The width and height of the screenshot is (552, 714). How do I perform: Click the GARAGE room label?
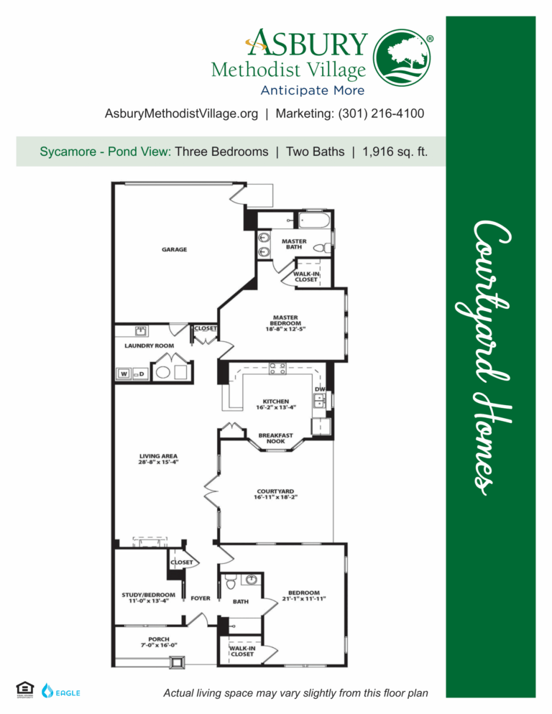(x=174, y=250)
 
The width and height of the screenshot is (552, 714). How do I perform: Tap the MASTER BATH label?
(x=294, y=244)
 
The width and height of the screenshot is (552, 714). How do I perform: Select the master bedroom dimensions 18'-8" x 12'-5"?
(x=286, y=330)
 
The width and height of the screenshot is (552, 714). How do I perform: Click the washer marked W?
(x=124, y=374)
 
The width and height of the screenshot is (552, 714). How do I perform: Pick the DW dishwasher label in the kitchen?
(x=319, y=389)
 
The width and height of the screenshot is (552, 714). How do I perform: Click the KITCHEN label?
(x=276, y=402)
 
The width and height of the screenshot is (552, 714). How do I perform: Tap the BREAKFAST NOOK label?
(x=276, y=437)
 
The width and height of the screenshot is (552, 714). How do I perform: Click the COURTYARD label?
(x=275, y=492)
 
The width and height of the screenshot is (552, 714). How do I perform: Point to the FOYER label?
(x=201, y=598)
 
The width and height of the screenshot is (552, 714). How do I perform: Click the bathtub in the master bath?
(x=314, y=221)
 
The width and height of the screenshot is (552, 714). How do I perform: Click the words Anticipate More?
(x=312, y=91)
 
